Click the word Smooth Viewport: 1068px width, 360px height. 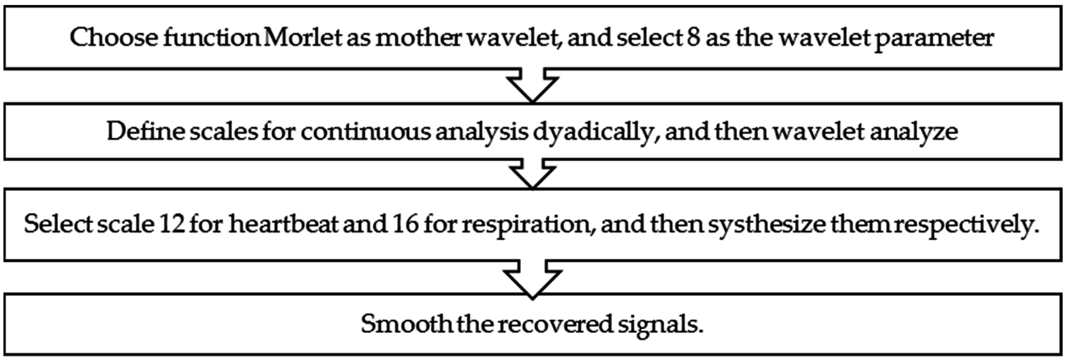406,324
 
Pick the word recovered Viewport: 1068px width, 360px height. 555,324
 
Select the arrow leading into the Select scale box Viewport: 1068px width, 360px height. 533,174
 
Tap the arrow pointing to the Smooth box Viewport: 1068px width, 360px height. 533,278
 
